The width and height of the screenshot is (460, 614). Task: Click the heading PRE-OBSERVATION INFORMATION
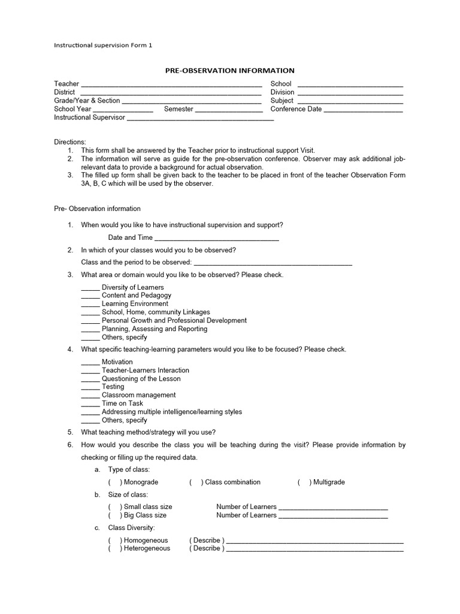tap(229, 71)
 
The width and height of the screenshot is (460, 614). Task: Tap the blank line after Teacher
tap(171, 85)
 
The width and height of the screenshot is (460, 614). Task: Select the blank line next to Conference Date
tap(363, 110)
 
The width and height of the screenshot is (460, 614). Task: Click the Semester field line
tap(229, 110)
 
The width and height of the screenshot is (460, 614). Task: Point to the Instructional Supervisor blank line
tap(201, 119)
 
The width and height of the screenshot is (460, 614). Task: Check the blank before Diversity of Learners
tap(90, 288)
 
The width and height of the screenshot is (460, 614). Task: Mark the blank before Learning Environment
tap(90, 305)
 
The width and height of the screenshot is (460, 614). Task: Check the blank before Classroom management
tap(90, 396)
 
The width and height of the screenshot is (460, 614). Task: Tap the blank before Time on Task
tap(90, 405)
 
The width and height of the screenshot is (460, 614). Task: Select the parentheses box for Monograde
tap(114, 482)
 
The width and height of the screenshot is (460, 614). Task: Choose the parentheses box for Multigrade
tap(304, 482)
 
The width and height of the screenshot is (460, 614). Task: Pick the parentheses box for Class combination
tap(196, 482)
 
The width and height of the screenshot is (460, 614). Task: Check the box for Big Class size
tap(114, 515)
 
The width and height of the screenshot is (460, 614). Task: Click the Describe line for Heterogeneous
tap(315, 549)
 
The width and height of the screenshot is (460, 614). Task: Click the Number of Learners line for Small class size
tap(333, 508)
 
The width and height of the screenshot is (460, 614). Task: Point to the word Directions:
tap(70, 142)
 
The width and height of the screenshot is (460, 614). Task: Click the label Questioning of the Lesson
tap(141, 379)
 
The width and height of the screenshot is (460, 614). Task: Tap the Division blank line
tap(350, 94)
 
